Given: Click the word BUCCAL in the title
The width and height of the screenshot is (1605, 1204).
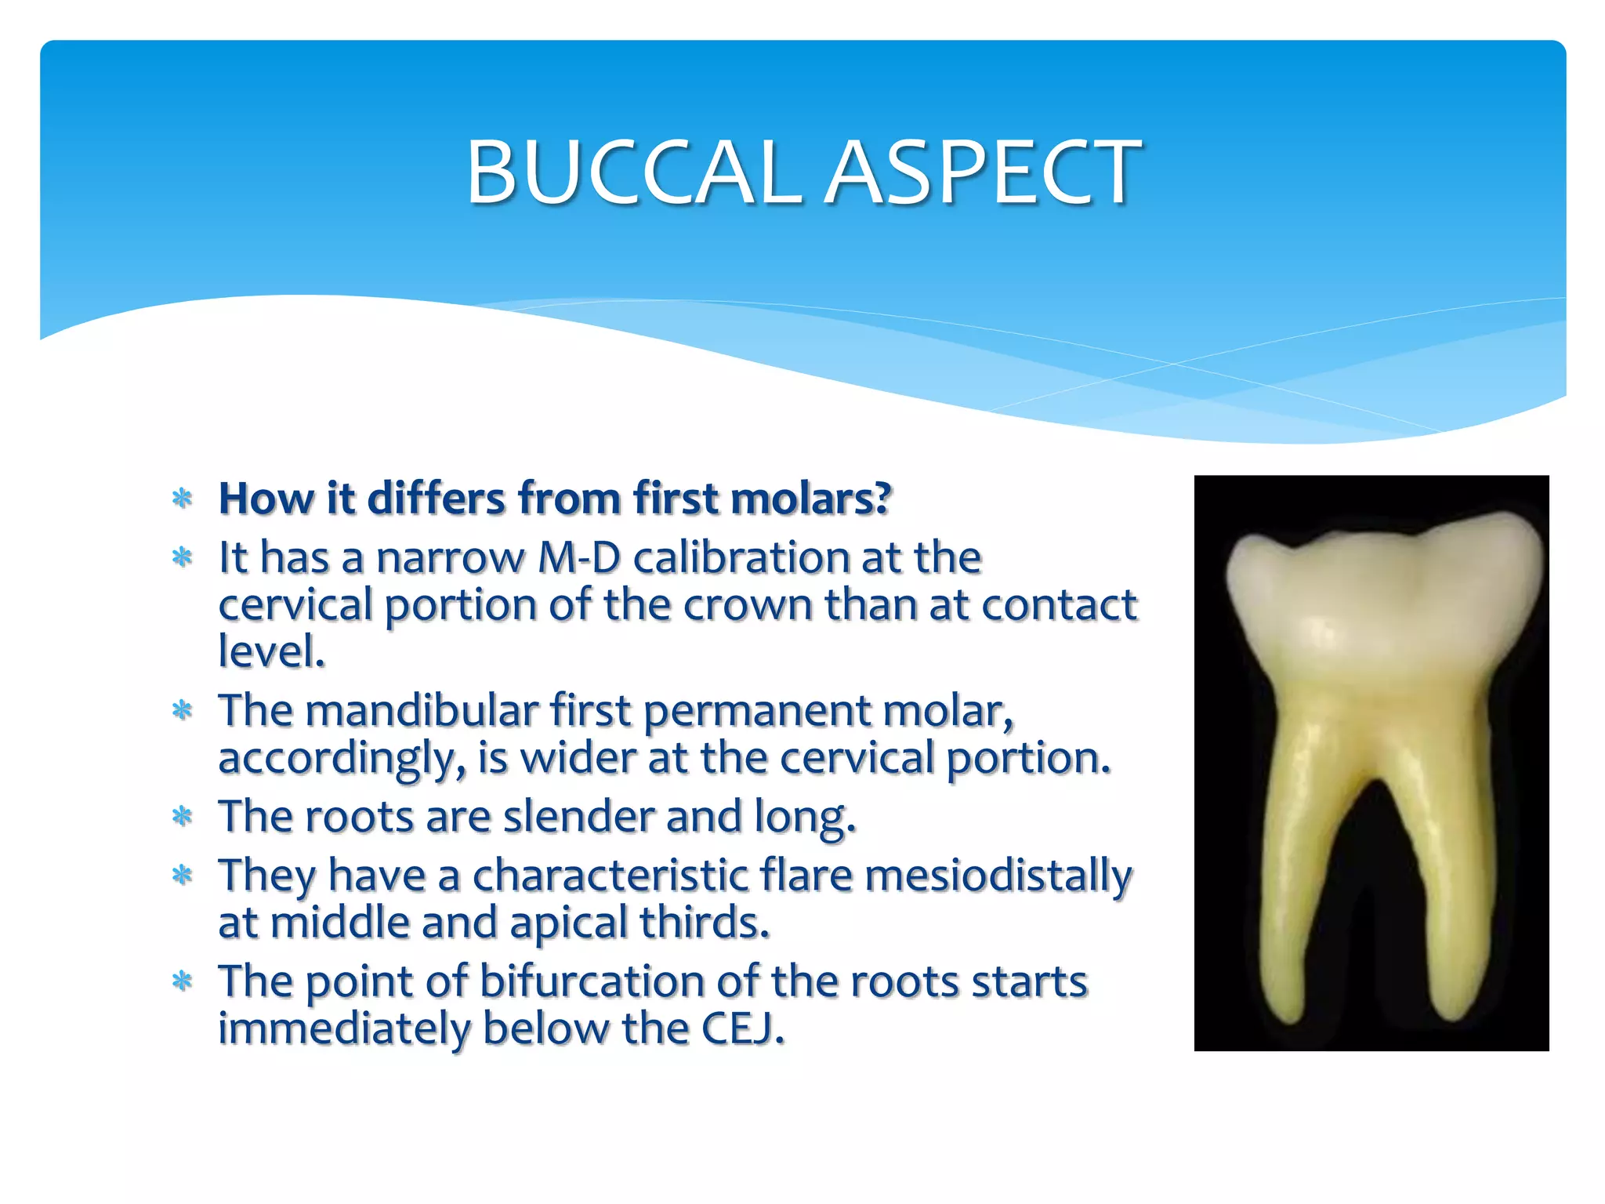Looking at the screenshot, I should pyautogui.click(x=633, y=172).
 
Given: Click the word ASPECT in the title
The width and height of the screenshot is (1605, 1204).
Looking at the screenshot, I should pyautogui.click(x=984, y=172).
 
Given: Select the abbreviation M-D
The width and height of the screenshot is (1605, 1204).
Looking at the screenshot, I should pyautogui.click(x=579, y=558).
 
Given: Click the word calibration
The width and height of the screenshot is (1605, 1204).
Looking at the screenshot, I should pyautogui.click(x=741, y=558).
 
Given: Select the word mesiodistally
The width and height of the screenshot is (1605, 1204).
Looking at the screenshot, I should pyautogui.click(x=998, y=876).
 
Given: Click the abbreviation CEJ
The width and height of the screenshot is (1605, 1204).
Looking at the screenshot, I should pyautogui.click(x=742, y=1028).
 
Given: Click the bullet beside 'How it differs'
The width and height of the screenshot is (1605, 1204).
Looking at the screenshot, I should pyautogui.click(x=182, y=499).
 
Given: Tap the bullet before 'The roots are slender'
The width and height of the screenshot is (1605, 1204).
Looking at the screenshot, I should pyautogui.click(x=182, y=817).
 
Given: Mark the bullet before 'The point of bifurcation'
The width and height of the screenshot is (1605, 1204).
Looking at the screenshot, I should pyautogui.click(x=182, y=981).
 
